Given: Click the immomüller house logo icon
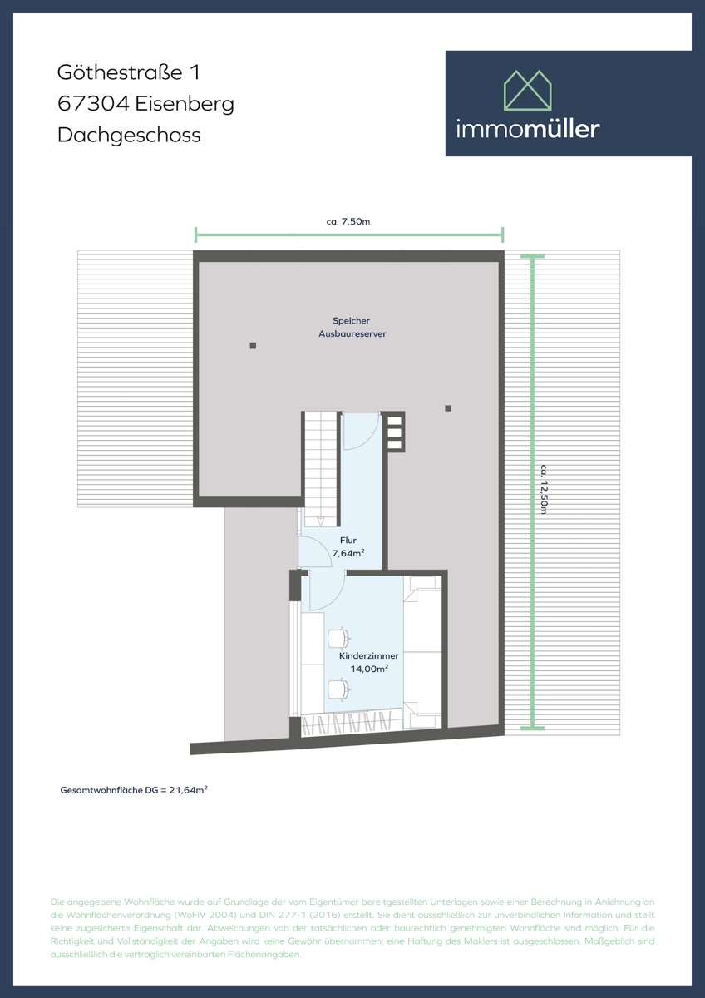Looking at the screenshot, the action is pos(527,90).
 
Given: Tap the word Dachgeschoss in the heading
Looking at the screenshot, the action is pos(129,135).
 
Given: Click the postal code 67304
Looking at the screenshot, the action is pos(93,104).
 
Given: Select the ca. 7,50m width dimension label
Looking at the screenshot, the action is pos(348,221).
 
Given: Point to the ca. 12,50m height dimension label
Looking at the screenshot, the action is pos(544,489).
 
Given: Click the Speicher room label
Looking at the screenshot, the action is pos(352,321).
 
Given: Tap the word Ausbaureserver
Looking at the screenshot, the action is pos(352,333).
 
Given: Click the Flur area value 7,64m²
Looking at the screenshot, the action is pos(348,553).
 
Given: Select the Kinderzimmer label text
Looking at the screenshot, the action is pos(369,656).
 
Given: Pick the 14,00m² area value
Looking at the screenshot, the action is pos(369,669).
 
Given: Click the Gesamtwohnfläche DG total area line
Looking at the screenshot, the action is pos(134,790).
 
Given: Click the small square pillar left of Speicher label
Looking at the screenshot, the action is pos(253,346).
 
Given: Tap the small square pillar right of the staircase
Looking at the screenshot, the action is pos(448,408).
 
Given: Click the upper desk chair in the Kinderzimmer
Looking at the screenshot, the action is pos(338,638).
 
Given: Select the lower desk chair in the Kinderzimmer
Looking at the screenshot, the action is pos(338,689).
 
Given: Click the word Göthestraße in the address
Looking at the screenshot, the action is pos(120,72).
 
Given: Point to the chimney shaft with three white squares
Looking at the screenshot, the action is pos(395,432).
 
